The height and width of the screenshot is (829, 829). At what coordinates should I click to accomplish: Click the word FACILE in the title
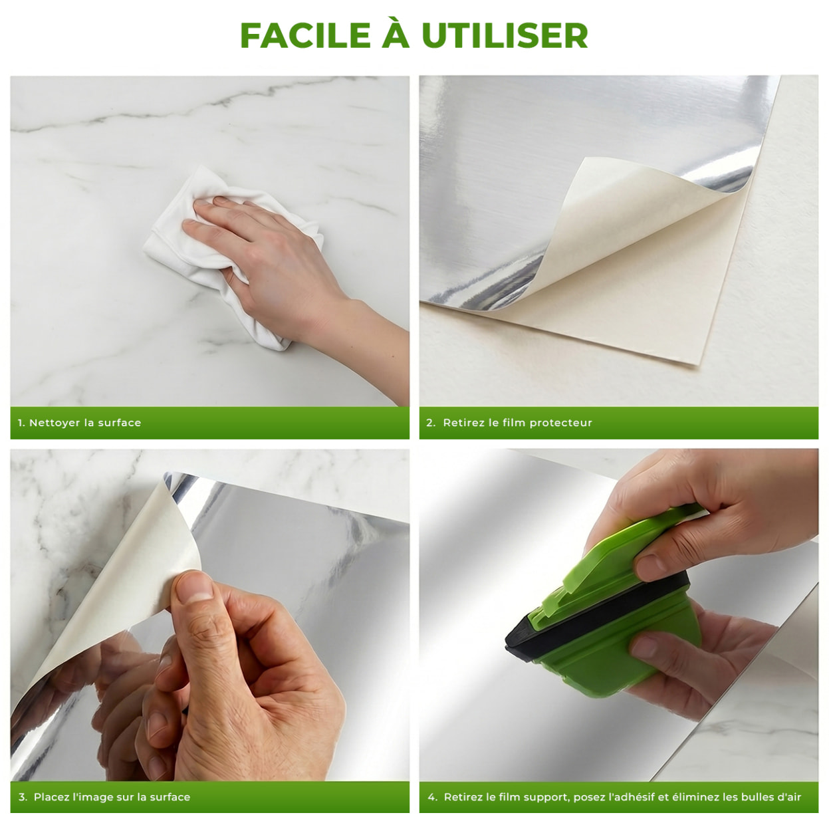pos(305,35)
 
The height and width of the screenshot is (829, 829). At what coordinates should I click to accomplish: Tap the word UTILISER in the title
pos(505,35)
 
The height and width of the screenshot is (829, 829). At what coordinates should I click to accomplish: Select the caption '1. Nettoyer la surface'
pos(79,422)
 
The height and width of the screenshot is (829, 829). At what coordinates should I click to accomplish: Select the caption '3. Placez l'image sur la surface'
pos(104,796)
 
